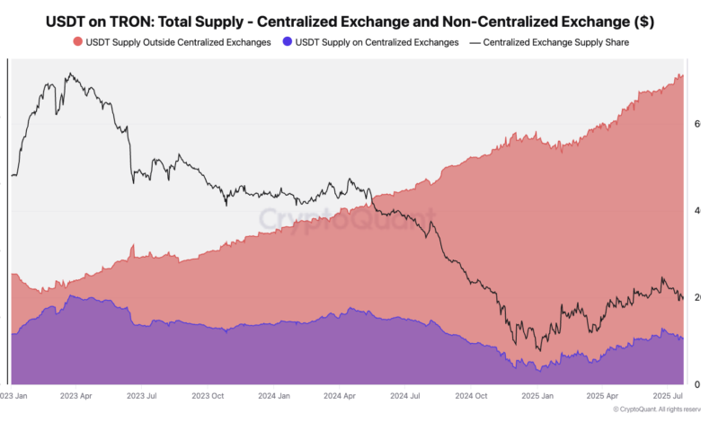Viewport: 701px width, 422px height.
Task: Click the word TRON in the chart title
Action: tap(147, 20)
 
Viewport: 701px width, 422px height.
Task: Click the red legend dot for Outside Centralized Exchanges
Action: tap(77, 42)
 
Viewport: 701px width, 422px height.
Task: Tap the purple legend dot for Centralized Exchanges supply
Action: tap(288, 42)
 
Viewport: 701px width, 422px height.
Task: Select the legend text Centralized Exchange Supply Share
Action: tap(563, 42)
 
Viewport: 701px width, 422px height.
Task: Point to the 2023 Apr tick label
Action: tap(75, 395)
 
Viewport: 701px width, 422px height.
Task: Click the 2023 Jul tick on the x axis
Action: tap(143, 395)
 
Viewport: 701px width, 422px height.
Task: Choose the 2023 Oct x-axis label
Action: tap(209, 395)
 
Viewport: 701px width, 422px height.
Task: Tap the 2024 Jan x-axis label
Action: tap(273, 395)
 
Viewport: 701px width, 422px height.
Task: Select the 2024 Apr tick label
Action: tap(339, 395)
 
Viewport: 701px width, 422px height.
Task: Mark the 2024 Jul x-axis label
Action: tap(404, 395)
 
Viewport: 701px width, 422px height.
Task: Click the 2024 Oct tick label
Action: tap(470, 395)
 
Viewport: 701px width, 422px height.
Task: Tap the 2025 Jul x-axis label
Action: tap(667, 395)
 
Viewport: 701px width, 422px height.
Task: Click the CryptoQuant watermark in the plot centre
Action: tap(347, 218)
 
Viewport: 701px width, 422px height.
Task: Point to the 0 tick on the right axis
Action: tap(697, 384)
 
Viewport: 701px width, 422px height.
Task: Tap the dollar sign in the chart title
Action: tap(646, 20)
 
